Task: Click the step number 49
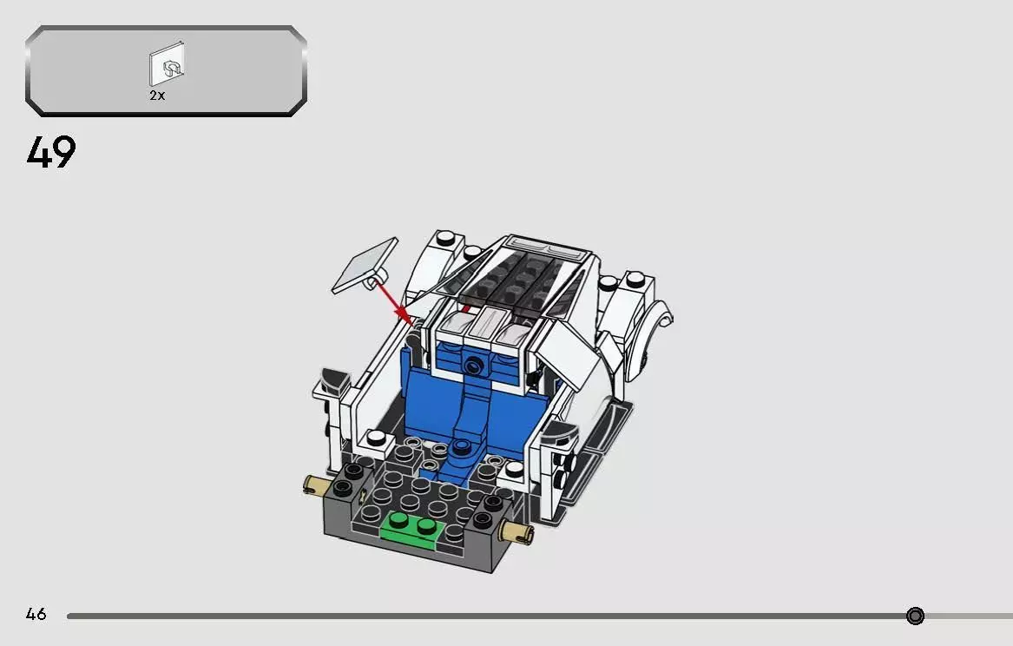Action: (x=51, y=153)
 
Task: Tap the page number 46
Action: (x=36, y=615)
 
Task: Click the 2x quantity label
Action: (x=156, y=96)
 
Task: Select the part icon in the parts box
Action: (x=168, y=65)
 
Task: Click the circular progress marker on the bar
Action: (x=915, y=616)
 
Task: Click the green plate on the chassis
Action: (x=412, y=527)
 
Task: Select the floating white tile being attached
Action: (x=363, y=266)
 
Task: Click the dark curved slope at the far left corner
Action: (x=332, y=381)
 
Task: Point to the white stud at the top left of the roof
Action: (x=444, y=238)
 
